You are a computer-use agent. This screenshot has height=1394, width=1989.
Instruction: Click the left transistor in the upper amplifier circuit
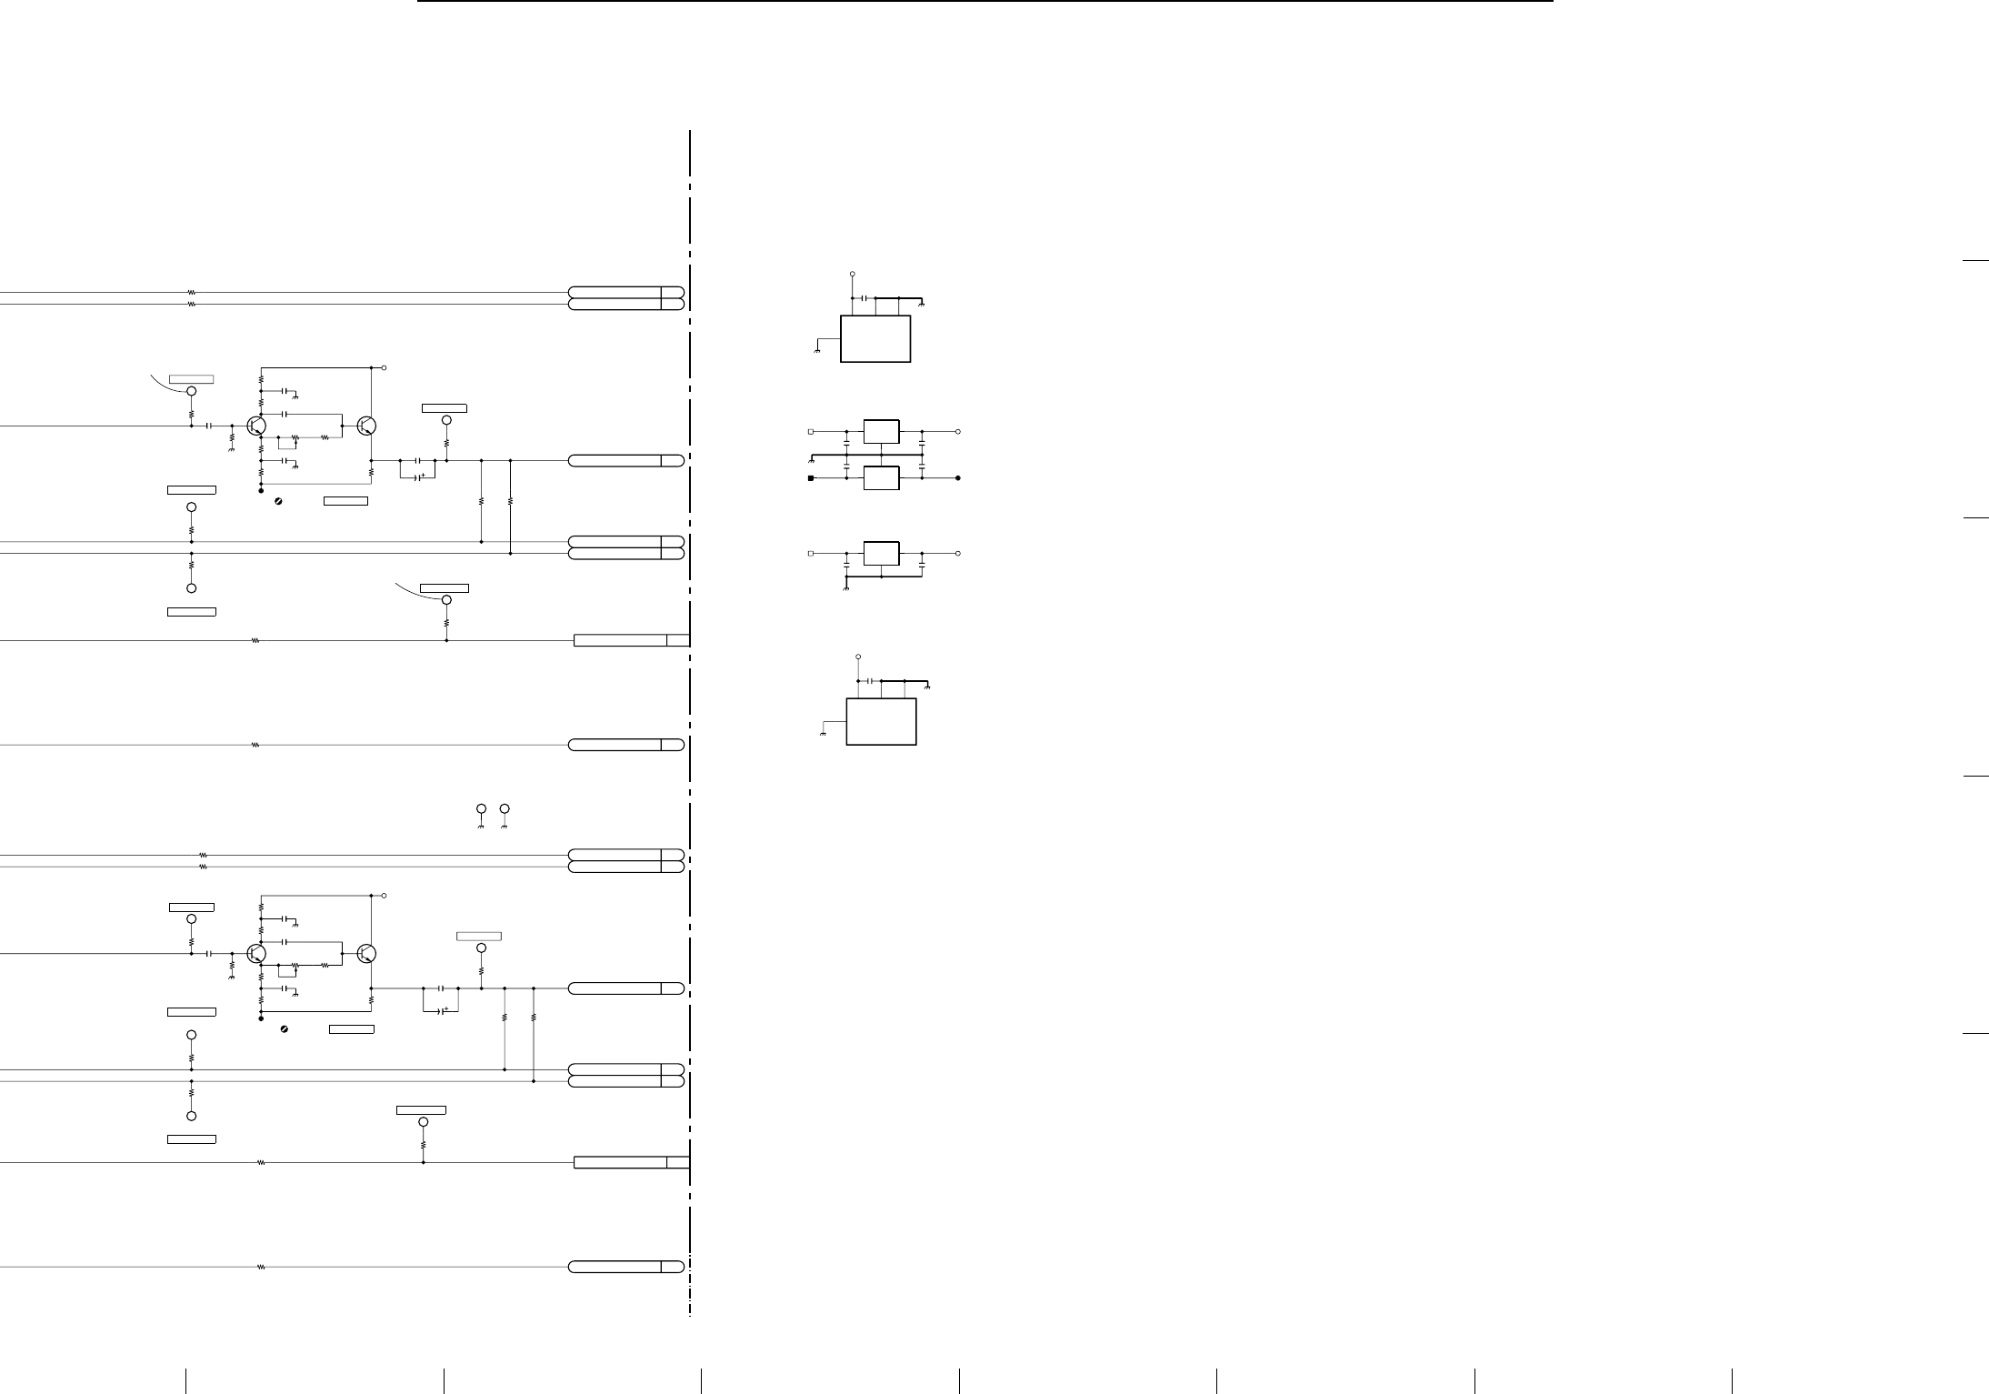256,426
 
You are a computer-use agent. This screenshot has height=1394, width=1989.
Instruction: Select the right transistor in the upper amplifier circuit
366,426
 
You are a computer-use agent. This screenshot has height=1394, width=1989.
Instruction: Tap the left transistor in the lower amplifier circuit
256,953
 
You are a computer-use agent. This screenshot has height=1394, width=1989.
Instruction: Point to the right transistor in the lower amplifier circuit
366,953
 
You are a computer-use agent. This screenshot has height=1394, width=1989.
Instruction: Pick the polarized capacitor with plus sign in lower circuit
441,1009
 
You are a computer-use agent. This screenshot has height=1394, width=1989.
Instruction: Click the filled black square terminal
811,478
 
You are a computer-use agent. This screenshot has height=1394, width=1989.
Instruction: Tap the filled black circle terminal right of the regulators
958,478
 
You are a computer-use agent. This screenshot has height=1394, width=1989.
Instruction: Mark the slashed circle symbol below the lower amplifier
285,1028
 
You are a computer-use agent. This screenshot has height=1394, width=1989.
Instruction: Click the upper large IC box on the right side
875,339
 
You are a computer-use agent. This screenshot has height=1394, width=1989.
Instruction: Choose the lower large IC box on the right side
881,722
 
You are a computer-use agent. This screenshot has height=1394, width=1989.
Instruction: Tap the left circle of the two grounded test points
481,808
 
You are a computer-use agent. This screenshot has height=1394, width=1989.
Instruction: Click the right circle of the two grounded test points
505,808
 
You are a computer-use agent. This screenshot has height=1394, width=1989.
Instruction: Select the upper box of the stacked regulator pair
881,431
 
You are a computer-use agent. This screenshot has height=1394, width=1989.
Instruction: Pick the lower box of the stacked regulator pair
881,478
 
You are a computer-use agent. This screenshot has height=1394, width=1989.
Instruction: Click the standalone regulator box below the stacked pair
881,553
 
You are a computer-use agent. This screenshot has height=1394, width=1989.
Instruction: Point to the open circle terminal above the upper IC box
852,273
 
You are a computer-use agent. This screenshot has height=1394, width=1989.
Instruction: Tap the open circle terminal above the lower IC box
857,656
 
